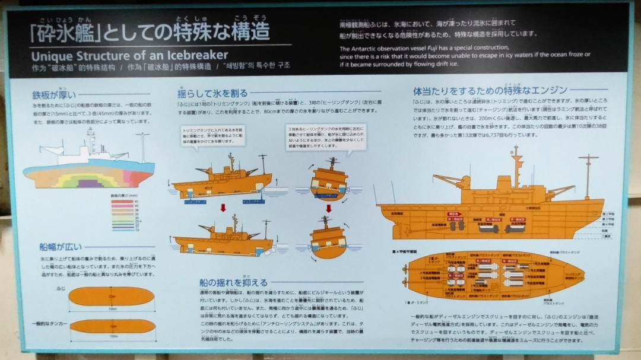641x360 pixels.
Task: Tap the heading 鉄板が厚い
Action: coord(55,95)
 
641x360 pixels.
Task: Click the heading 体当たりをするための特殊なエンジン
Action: coord(490,91)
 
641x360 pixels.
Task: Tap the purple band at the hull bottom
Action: coord(88,183)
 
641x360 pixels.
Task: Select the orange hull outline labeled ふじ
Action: coord(112,297)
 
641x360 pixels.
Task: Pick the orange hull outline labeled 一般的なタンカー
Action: coord(112,326)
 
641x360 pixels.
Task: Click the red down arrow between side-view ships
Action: coord(223,208)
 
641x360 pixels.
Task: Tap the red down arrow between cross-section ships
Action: coord(328,208)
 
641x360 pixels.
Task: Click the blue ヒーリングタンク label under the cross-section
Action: coord(325,195)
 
